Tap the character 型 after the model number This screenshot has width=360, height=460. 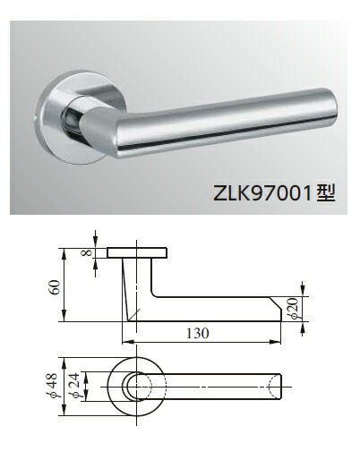point(325,192)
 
